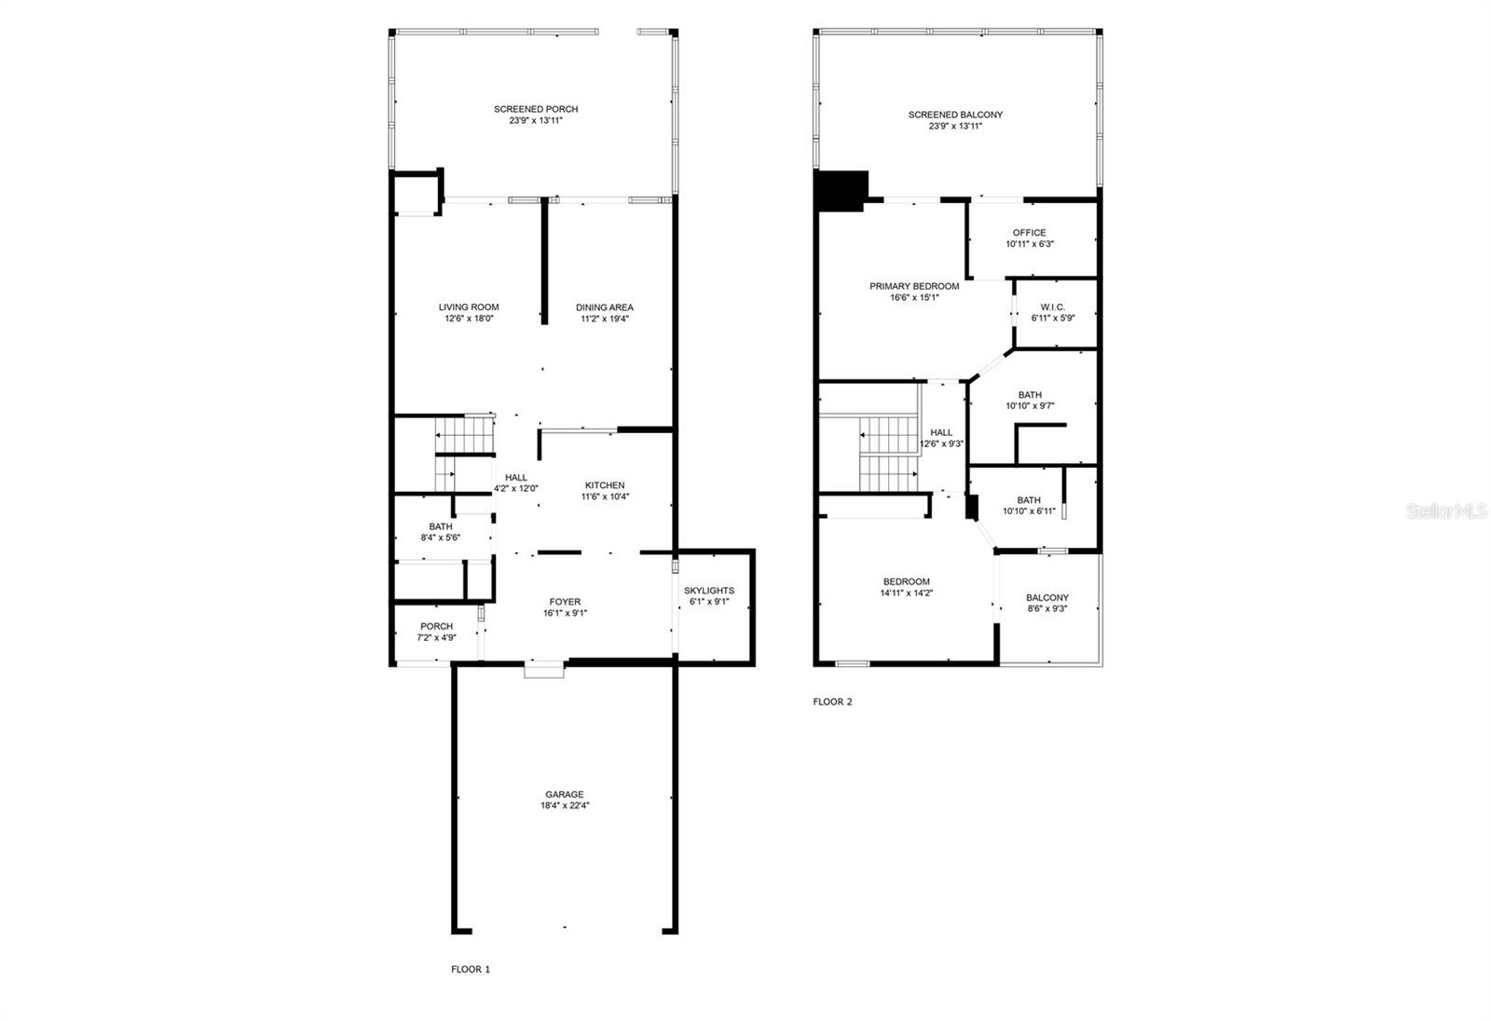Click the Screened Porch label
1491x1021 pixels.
(x=535, y=109)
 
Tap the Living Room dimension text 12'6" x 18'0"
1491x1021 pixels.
(x=469, y=319)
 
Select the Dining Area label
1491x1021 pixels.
(x=604, y=307)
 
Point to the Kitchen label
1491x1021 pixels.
(x=605, y=485)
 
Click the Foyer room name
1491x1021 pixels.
(x=565, y=602)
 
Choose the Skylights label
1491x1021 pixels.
(x=708, y=591)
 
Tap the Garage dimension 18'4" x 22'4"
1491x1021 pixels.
(x=565, y=806)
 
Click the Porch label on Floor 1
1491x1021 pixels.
(x=436, y=626)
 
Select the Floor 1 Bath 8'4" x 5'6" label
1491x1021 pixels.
(x=441, y=526)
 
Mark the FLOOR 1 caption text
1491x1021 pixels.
(x=471, y=969)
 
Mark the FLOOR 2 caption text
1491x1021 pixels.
(x=832, y=702)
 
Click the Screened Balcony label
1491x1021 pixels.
(x=955, y=115)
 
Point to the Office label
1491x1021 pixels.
(x=1029, y=233)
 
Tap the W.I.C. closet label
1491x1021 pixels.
(x=1053, y=307)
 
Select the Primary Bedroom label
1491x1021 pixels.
(x=914, y=286)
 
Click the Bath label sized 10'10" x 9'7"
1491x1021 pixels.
(x=1030, y=395)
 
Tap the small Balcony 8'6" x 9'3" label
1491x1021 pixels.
(x=1047, y=598)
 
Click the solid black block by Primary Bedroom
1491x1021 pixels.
(x=840, y=190)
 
